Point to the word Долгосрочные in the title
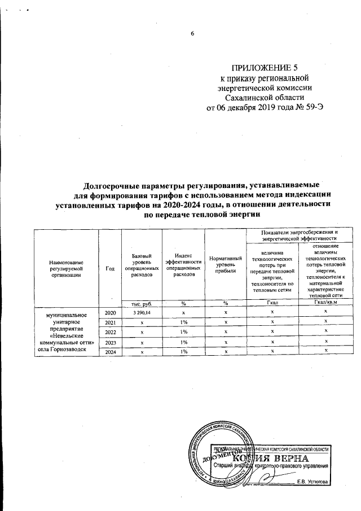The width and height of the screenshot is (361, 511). click(x=113, y=186)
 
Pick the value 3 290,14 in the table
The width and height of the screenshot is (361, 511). click(x=142, y=312)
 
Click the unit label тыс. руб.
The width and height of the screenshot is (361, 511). click(x=142, y=303)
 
